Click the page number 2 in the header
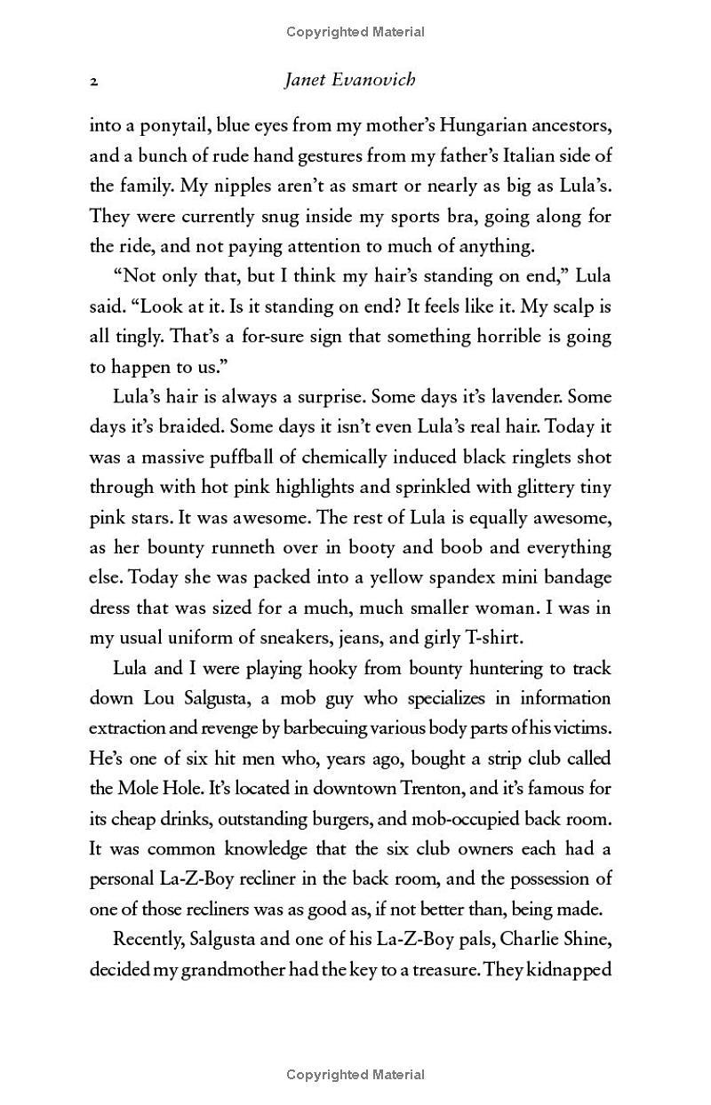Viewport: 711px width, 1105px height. (93, 81)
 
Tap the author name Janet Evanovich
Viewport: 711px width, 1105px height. (349, 80)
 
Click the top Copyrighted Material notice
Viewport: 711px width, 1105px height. (355, 32)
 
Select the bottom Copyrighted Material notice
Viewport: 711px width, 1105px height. (355, 1075)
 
